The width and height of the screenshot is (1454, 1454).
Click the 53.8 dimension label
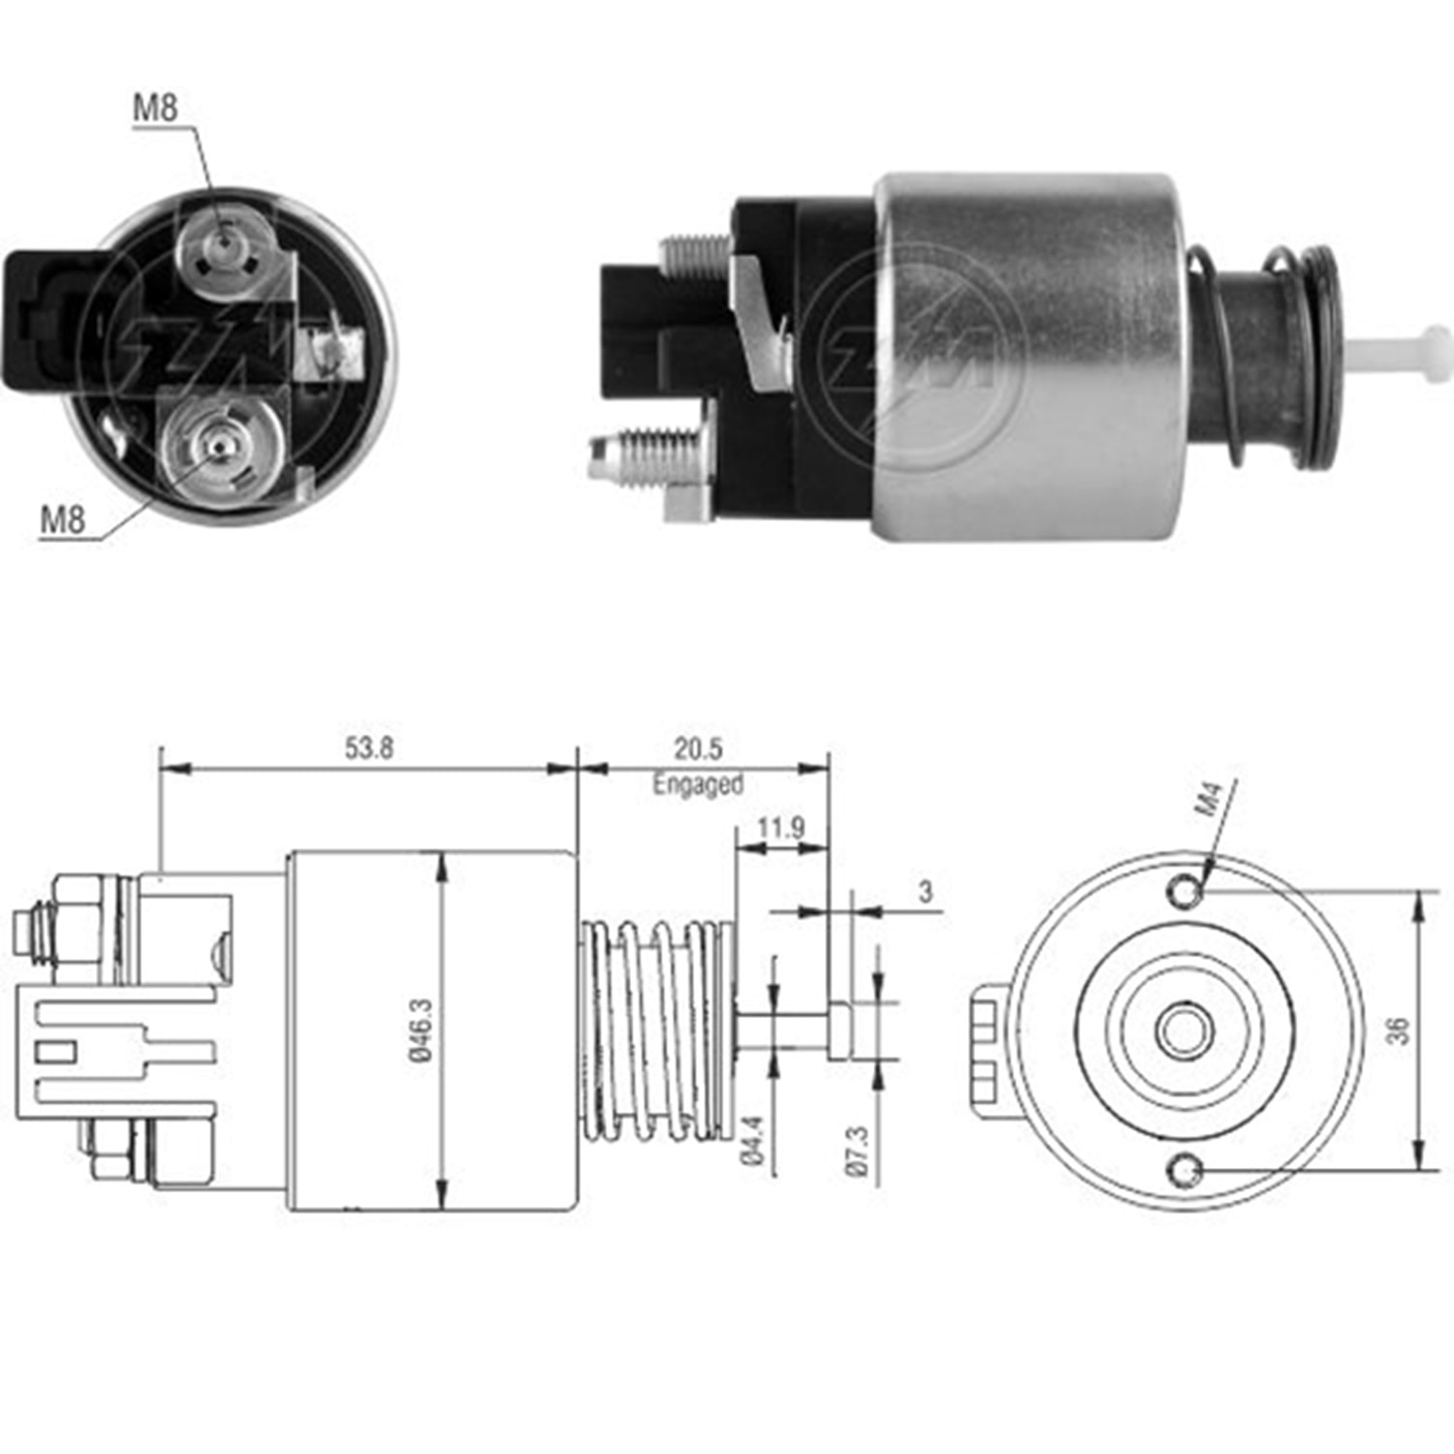pos(368,748)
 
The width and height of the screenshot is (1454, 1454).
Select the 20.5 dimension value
pos(698,748)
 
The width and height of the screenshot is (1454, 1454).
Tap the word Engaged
pos(698,783)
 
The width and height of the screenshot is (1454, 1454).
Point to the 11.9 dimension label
pos(780,828)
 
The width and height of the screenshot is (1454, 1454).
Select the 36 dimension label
pos(1399,1030)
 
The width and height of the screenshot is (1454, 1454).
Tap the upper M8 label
pos(155,107)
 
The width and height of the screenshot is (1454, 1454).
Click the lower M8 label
pos(62,521)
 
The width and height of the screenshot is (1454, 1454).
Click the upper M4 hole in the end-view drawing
pos(1185,888)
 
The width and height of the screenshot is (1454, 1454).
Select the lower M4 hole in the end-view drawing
pos(1185,1172)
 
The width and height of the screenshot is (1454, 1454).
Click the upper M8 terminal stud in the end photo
pos(225,247)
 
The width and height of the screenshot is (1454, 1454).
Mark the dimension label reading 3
pos(926,891)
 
